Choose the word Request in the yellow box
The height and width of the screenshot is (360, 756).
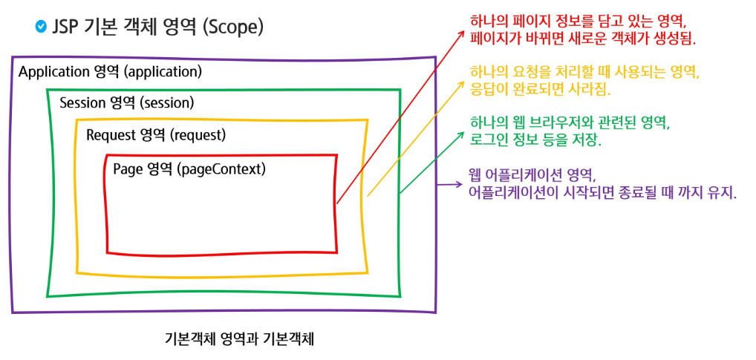pos(111,136)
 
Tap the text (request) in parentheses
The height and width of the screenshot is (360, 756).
pos(198,136)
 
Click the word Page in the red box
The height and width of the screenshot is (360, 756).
pos(128,168)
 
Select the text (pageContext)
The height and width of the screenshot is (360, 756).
pos(221,168)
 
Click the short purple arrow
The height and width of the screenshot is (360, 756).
pos(447,185)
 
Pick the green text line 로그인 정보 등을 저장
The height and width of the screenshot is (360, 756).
pos(535,140)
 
